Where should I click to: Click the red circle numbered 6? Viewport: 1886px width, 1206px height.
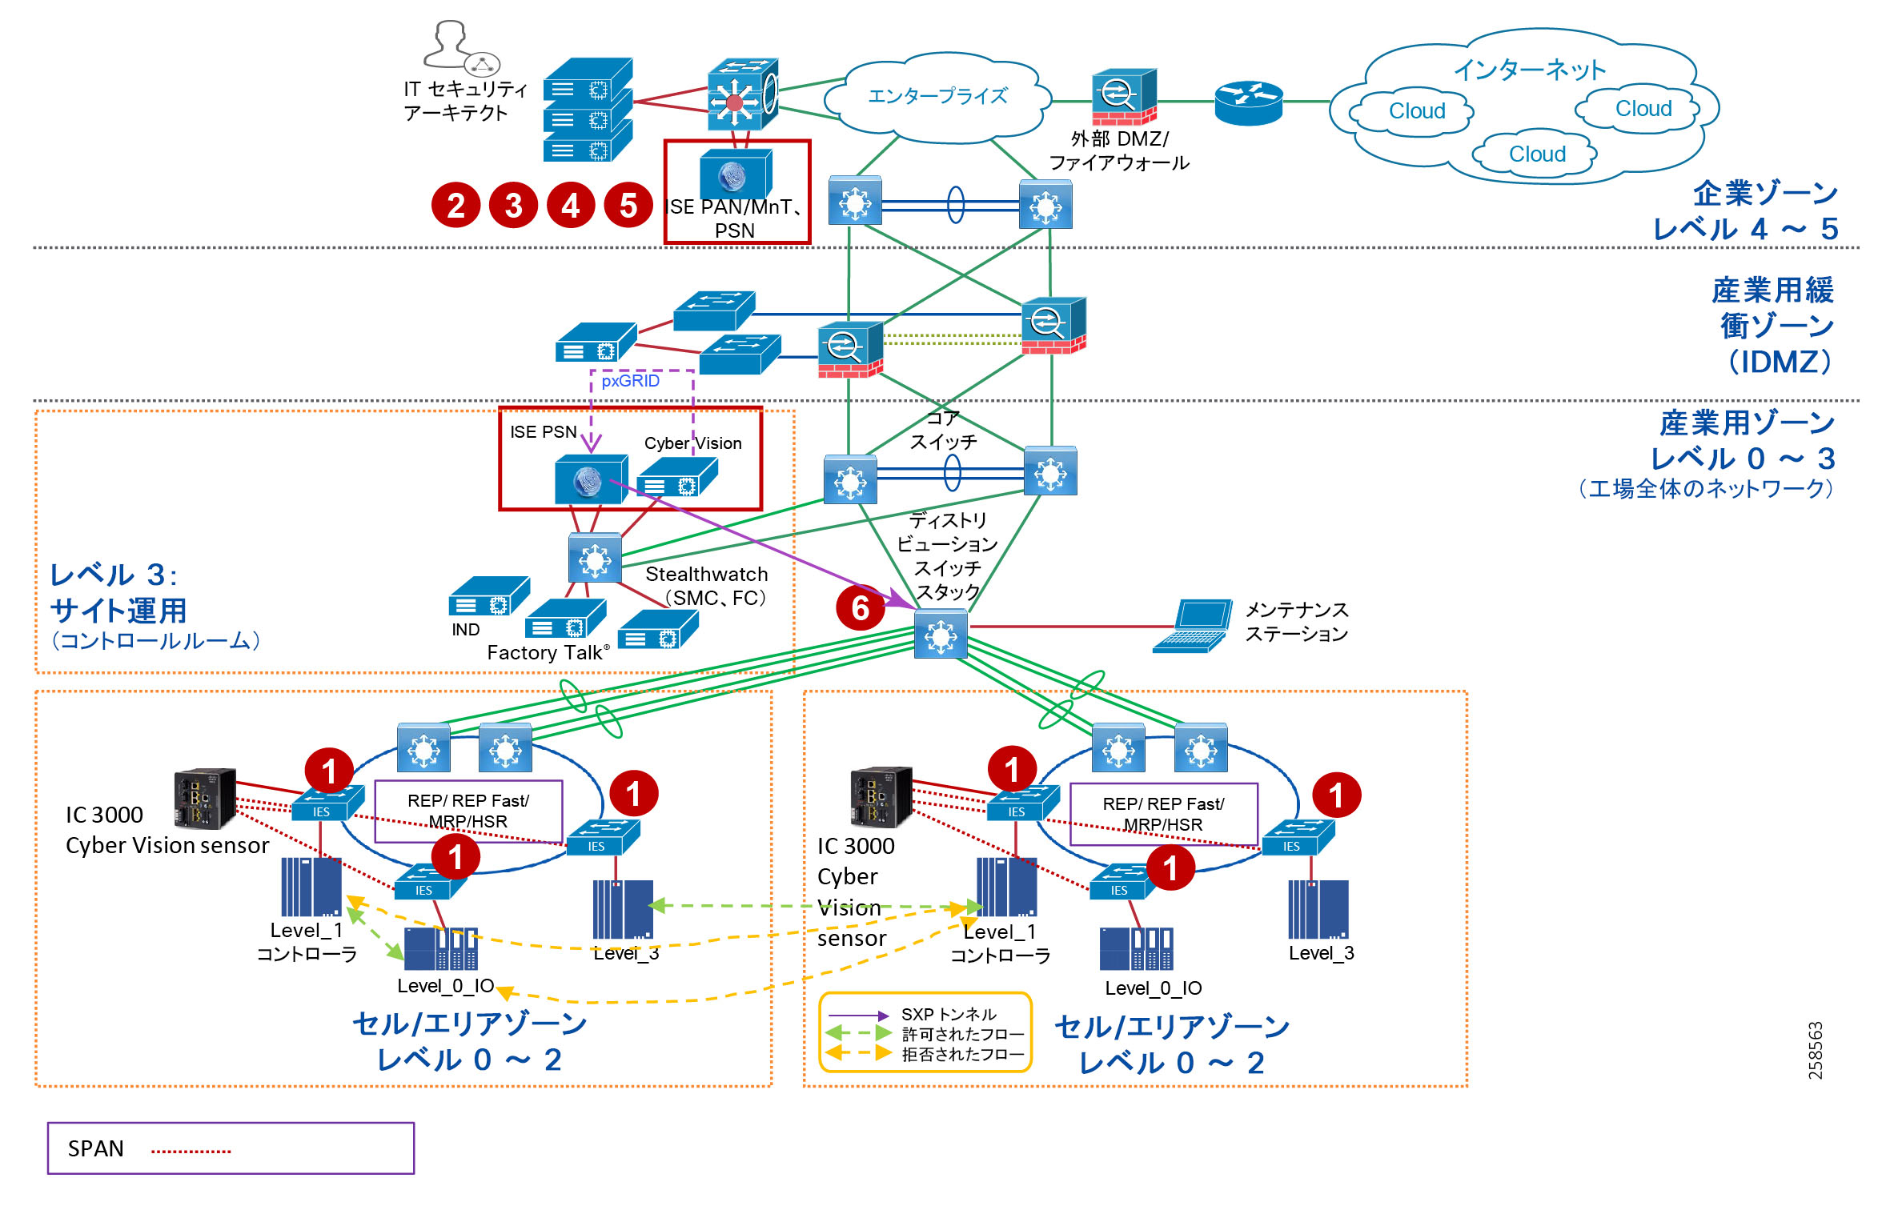coord(860,607)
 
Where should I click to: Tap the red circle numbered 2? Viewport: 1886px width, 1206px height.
coord(455,206)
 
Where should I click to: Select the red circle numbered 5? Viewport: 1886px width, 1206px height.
coord(628,206)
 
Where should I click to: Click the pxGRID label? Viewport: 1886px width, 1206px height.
coord(630,381)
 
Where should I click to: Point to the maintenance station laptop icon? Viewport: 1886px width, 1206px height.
coord(1194,626)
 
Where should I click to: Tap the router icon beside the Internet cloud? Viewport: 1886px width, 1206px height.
coord(1248,102)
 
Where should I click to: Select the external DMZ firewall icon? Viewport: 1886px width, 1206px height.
coord(1124,97)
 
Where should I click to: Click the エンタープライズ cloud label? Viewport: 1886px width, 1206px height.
coord(937,96)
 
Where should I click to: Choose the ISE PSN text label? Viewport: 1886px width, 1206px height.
coord(543,432)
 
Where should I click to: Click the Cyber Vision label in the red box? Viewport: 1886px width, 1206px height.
coord(692,443)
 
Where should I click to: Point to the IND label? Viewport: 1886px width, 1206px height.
coord(465,630)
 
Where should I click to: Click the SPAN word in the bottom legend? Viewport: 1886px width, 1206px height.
coord(95,1149)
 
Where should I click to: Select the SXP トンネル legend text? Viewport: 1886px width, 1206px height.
coord(949,1015)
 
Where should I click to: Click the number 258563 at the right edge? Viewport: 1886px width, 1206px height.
coord(1815,1050)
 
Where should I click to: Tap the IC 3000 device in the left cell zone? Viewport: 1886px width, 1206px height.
coord(205,798)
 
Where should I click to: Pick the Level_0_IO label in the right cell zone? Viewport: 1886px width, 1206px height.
coord(1153,988)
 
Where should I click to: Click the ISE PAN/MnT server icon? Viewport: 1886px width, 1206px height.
coord(734,174)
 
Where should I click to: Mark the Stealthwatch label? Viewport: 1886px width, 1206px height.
coord(706,575)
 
